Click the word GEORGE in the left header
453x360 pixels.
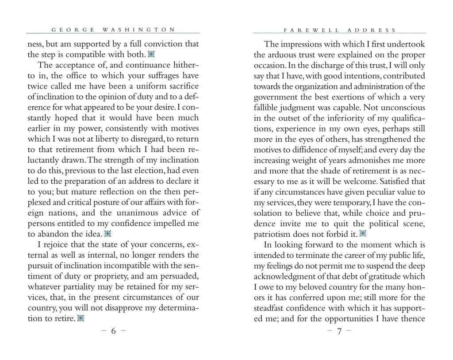coord(73,30)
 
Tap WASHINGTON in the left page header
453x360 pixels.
coord(139,30)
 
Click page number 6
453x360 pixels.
coord(113,332)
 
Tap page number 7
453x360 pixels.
coord(339,332)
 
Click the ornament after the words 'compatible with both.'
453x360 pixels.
coord(151,55)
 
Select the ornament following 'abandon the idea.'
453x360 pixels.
coord(107,233)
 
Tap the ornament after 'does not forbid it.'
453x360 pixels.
coord(363,233)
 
